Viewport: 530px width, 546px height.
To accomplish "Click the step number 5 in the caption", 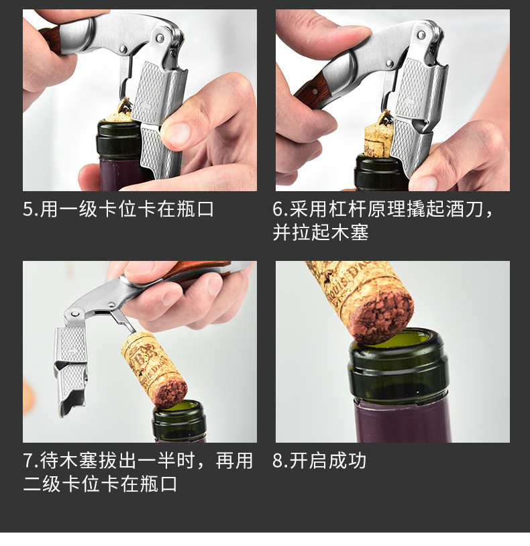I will (x=28, y=209).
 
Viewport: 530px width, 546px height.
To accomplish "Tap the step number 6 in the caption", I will (x=278, y=209).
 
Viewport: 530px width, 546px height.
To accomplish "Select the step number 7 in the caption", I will (x=28, y=461).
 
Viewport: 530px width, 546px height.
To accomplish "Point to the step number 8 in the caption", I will (x=278, y=461).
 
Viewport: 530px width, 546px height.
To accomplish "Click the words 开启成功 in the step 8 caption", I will (x=327, y=461).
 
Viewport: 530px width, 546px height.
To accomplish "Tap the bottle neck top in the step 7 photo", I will (x=179, y=417).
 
